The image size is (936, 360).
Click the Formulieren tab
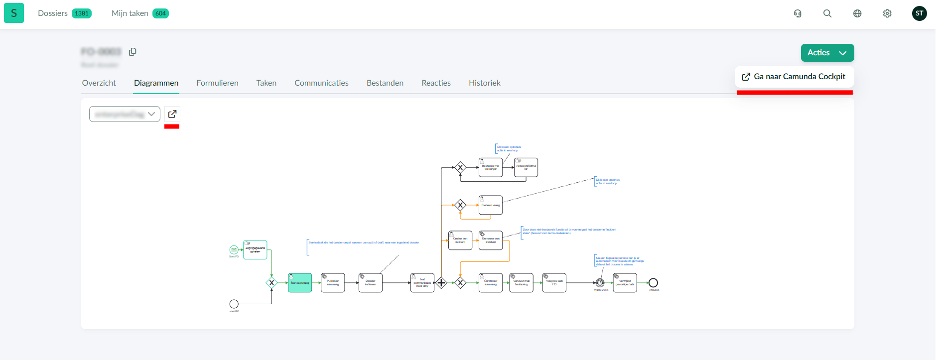point(217,83)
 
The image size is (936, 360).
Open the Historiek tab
point(484,83)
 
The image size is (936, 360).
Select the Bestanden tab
point(385,83)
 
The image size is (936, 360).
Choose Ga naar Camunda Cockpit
point(794,77)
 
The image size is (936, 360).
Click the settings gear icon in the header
point(887,13)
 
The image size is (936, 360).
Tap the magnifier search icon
point(827,13)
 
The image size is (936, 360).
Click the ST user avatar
point(919,13)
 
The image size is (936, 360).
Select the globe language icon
point(857,13)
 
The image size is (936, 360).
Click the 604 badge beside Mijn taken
point(160,13)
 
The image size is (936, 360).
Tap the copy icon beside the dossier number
point(133,52)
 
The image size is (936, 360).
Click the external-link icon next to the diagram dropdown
point(172,114)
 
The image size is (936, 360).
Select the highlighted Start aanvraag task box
point(300,283)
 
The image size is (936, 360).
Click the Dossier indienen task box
point(371,283)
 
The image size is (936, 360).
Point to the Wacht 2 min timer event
point(600,283)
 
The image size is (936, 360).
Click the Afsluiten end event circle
point(653,283)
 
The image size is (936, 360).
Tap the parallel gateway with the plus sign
point(441,283)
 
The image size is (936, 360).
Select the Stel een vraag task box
point(491,205)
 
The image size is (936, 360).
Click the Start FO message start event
point(234,249)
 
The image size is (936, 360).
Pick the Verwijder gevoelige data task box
point(625,283)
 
